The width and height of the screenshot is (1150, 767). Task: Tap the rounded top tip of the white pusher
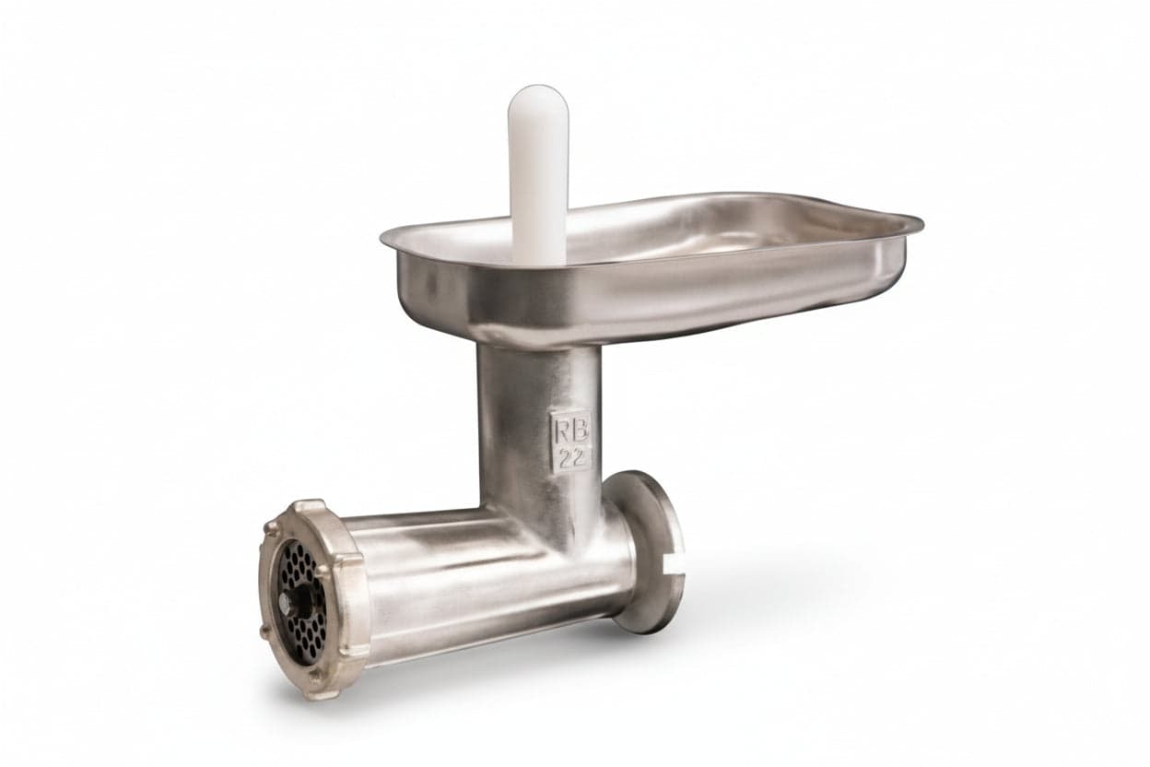pyautogui.click(x=537, y=87)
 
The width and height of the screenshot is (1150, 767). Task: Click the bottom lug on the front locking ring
pyautogui.click(x=317, y=691)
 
